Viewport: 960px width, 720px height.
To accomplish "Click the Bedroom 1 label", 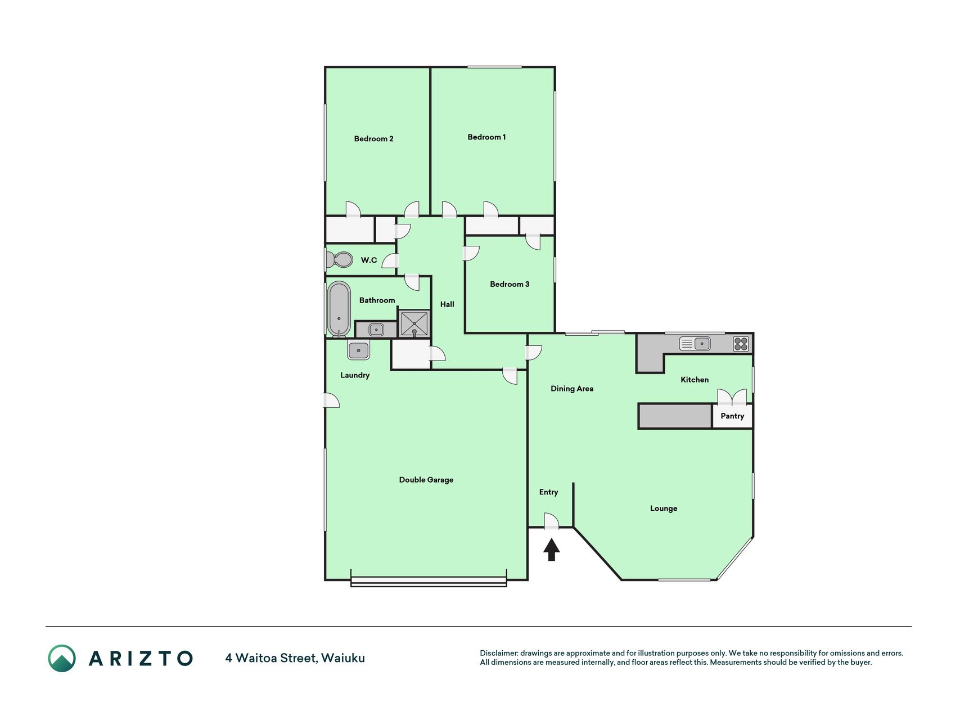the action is tap(486, 137).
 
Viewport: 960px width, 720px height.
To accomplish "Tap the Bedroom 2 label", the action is tap(373, 139).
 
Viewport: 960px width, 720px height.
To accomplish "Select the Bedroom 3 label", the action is tap(510, 284).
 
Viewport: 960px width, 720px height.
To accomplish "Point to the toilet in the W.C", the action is tap(338, 260).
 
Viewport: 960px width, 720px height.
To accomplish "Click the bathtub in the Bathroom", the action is tap(339, 309).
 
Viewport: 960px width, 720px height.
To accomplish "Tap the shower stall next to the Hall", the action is tap(414, 323).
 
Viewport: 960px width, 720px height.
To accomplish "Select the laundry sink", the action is tap(358, 350).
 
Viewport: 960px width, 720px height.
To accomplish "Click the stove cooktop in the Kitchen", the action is tap(741, 344).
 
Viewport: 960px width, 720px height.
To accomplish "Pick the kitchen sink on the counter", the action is tap(695, 343).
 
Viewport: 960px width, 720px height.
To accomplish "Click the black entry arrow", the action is tap(552, 550).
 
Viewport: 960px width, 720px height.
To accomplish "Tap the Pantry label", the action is tap(732, 416).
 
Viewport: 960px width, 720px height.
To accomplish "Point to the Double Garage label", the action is tap(426, 480).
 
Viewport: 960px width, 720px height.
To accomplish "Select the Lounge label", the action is tap(664, 508).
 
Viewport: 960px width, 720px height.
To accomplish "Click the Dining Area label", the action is tap(572, 389).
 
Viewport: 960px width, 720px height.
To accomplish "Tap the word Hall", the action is tap(447, 304).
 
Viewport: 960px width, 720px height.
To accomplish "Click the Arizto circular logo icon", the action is tap(62, 658).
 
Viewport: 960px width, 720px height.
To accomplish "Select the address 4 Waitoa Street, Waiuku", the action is tap(295, 658).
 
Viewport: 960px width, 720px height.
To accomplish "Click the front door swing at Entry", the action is tap(552, 521).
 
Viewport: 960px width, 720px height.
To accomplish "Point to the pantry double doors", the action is tap(732, 397).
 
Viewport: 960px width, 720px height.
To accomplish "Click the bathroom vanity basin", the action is tap(376, 330).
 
